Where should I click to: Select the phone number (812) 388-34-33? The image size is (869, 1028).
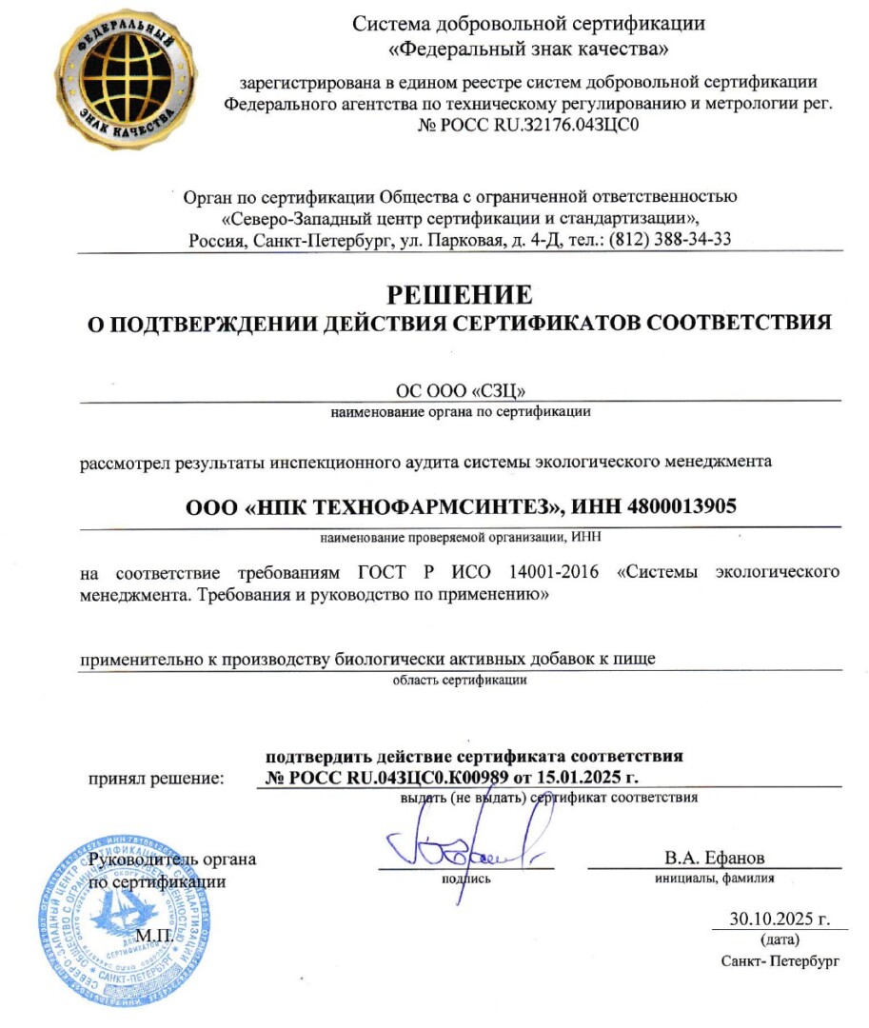point(670,239)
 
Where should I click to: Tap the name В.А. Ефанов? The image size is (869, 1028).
point(714,858)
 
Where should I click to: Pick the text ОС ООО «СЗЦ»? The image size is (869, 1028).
point(460,390)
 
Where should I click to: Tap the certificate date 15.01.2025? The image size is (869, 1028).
point(575,778)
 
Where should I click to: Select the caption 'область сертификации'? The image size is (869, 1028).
point(460,681)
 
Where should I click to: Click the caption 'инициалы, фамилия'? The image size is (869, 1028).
point(714,878)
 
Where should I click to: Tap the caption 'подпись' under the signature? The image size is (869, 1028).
point(466,878)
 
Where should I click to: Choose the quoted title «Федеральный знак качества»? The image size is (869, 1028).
point(529,46)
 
